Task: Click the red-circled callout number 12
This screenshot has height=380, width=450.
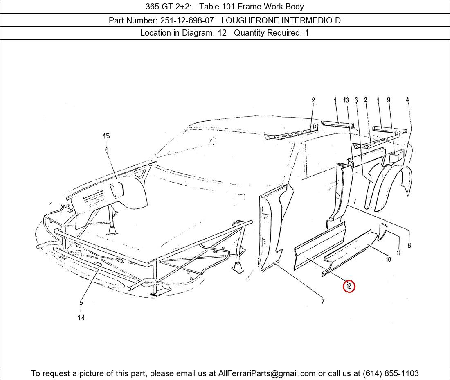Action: [349, 286]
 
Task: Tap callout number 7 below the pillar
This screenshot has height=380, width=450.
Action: [323, 301]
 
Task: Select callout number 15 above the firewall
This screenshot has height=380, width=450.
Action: [106, 136]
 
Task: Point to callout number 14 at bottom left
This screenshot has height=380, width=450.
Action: [81, 317]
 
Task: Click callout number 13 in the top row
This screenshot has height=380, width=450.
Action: [346, 100]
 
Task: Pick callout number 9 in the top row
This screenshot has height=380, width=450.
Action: [388, 100]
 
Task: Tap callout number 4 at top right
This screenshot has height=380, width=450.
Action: [407, 100]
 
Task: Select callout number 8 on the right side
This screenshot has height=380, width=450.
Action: [409, 245]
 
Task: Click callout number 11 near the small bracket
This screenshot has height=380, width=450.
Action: [398, 253]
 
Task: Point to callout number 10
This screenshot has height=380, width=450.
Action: [388, 259]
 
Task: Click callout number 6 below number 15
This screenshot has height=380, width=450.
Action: [106, 149]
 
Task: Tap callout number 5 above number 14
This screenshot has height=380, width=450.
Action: [81, 303]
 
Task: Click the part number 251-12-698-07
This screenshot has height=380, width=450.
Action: [187, 20]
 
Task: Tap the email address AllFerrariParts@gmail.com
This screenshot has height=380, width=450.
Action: [267, 373]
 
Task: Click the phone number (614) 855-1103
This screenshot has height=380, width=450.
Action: [391, 373]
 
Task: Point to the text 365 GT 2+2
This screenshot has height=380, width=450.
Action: [169, 7]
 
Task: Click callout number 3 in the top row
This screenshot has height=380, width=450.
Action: [356, 100]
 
